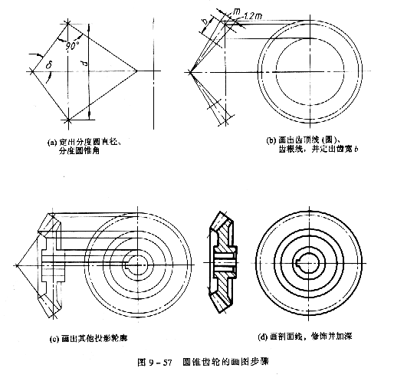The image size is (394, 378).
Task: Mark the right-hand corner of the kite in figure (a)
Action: click(137, 72)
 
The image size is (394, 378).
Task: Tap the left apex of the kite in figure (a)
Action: click(30, 72)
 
